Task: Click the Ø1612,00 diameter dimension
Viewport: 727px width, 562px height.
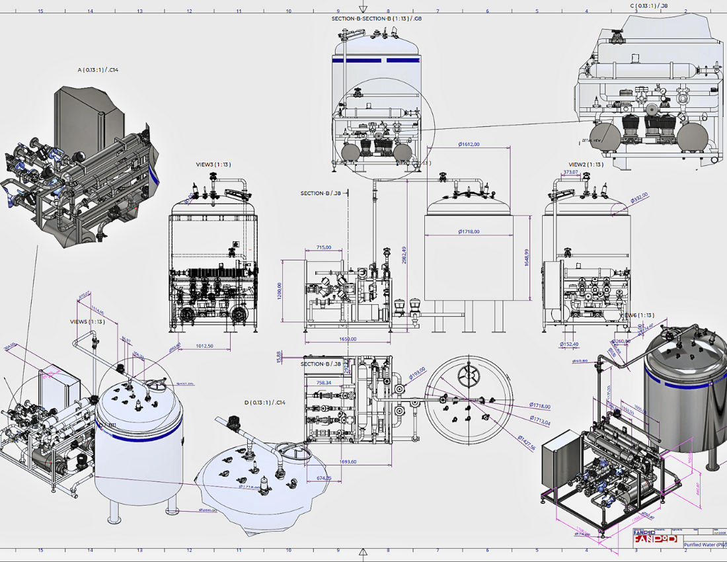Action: pyautogui.click(x=469, y=144)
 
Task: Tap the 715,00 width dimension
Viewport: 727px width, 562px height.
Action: pyautogui.click(x=324, y=248)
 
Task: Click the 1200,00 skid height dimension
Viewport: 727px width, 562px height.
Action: pyautogui.click(x=280, y=290)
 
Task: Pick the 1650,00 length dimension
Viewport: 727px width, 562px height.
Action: pyautogui.click(x=348, y=339)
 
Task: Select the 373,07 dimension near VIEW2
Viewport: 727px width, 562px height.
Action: pyautogui.click(x=570, y=172)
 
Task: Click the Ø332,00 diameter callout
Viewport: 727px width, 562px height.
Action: pyautogui.click(x=639, y=197)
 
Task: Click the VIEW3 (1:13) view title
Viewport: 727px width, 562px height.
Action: pyautogui.click(x=213, y=164)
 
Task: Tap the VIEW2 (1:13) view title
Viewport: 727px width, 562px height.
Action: pyautogui.click(x=586, y=164)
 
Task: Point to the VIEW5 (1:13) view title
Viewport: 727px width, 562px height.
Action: pyautogui.click(x=87, y=321)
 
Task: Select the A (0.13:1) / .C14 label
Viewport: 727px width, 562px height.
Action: pyautogui.click(x=98, y=69)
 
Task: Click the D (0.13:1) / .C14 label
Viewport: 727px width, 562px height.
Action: pyautogui.click(x=265, y=402)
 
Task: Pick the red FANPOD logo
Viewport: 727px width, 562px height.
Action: pyautogui.click(x=655, y=538)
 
